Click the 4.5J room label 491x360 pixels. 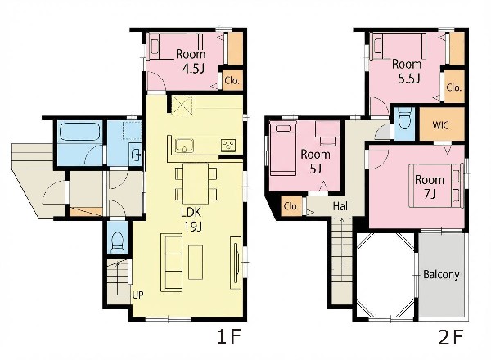click(191, 61)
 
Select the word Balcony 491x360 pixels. click(441, 275)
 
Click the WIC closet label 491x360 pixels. click(440, 125)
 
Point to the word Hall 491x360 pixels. click(341, 206)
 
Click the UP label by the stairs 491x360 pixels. click(137, 295)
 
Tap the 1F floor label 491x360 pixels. click(229, 337)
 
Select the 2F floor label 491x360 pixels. click(450, 337)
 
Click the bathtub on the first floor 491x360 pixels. click(79, 132)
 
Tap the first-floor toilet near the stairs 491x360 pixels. click(117, 242)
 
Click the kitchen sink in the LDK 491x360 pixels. click(185, 146)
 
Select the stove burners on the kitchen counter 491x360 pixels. click(227, 145)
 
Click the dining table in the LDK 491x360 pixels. click(196, 183)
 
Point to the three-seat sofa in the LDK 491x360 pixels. click(171, 263)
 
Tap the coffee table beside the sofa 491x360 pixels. click(196, 263)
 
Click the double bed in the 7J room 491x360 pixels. click(436, 186)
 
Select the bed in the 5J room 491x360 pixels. click(283, 149)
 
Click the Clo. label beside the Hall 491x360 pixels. click(291, 206)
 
